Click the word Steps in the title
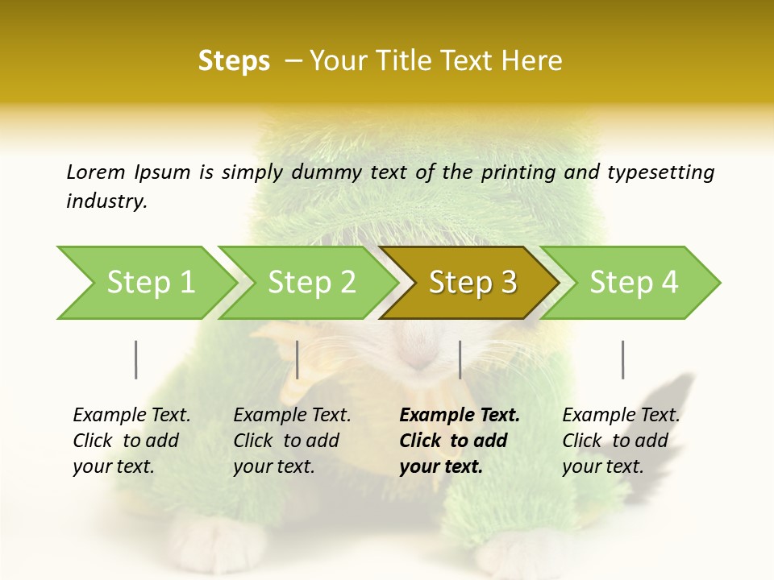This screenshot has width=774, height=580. (234, 61)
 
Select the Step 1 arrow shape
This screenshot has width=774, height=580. (145, 283)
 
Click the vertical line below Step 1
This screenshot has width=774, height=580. (135, 359)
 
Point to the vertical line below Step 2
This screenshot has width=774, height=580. (298, 359)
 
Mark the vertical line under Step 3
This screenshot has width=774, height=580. (460, 359)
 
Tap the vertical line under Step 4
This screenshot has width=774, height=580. (622, 359)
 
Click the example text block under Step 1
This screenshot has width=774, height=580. (131, 441)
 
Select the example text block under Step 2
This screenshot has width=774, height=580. (291, 441)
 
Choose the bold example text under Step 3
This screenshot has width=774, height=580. (459, 441)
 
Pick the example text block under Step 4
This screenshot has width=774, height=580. (620, 441)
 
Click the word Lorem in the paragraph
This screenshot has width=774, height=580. (96, 172)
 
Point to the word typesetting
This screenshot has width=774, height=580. (660, 172)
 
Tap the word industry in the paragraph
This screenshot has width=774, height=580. (106, 201)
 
